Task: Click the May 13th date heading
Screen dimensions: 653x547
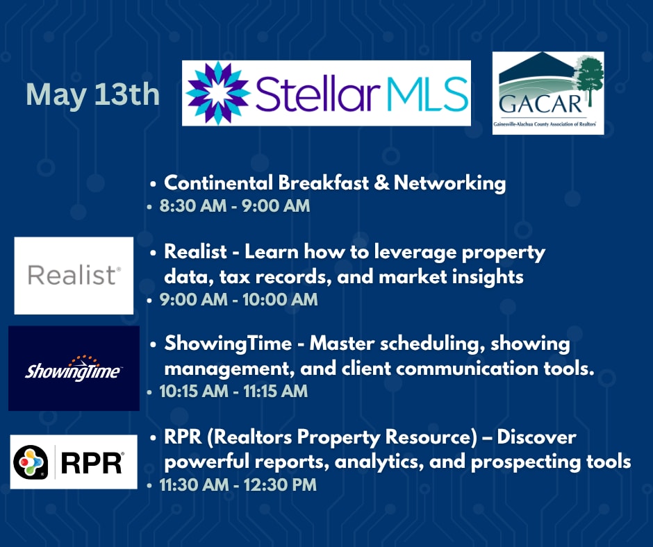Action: [93, 95]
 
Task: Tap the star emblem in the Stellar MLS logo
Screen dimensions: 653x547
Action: [217, 93]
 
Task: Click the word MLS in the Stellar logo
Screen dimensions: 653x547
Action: [427, 93]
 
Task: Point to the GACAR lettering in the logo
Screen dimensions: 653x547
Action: [540, 105]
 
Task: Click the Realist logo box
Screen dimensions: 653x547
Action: [74, 276]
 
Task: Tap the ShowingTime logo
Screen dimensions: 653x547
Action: [74, 369]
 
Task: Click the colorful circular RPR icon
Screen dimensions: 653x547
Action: [31, 462]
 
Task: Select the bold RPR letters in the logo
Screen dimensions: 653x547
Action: [92, 463]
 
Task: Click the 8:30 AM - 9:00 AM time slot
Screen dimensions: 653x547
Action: [235, 206]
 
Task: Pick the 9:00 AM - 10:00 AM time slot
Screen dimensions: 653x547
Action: [239, 300]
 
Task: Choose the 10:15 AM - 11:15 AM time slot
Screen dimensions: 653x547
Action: [233, 392]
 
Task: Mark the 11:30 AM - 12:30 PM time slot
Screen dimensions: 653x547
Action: [238, 485]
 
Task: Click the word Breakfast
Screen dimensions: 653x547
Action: [324, 183]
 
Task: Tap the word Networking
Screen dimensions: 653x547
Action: [449, 183]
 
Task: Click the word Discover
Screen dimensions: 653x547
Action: [536, 437]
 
